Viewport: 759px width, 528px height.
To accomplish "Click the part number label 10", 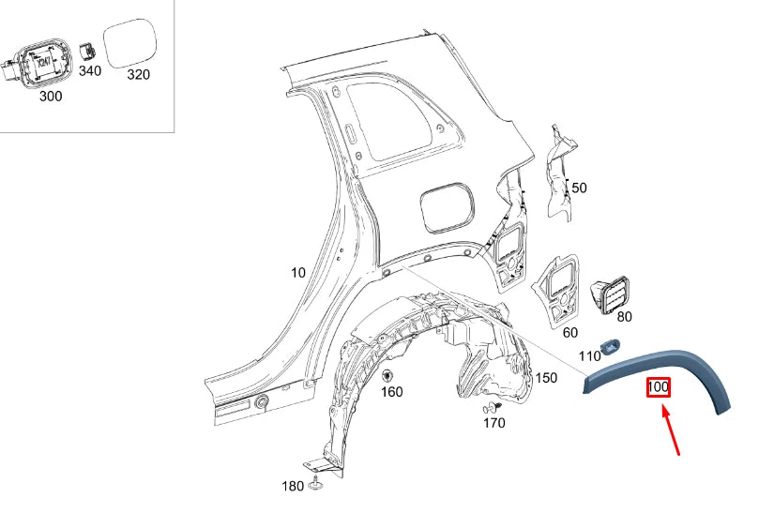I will click(297, 273).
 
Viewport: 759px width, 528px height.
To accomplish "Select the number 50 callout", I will click(579, 189).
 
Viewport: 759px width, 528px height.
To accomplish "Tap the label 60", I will click(569, 332).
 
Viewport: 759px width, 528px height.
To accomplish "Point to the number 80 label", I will click(624, 317).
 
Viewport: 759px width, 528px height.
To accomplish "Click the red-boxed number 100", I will click(658, 386).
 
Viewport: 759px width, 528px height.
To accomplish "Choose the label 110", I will click(589, 356).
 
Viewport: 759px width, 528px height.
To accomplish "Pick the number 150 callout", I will click(545, 378).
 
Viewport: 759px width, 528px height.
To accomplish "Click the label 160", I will click(391, 392).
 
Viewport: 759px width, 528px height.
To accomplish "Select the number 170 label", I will click(493, 423).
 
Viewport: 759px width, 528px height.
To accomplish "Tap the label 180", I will click(293, 486).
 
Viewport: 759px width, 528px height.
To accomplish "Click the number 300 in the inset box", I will click(51, 96).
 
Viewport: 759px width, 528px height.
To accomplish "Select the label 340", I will click(90, 71).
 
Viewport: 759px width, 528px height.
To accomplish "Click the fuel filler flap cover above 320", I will click(134, 43).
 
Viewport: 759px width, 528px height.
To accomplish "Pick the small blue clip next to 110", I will click(611, 347).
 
